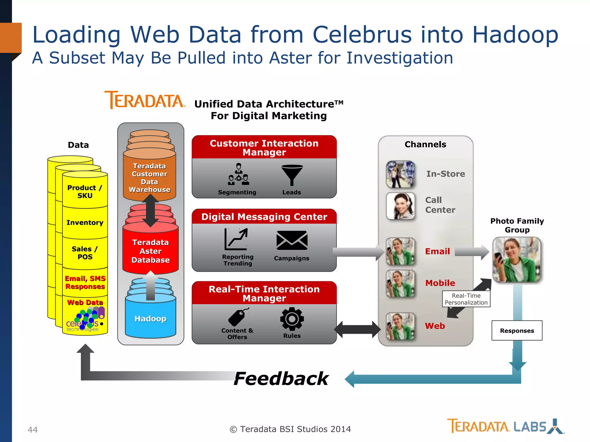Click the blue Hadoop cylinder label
click(x=150, y=319)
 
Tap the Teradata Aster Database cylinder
click(x=150, y=251)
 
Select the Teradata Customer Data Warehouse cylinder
click(x=150, y=178)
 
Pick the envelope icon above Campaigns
click(x=292, y=240)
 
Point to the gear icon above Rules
click(x=292, y=319)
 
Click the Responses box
click(x=517, y=331)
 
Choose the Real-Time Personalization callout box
click(x=466, y=299)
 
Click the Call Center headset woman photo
click(x=401, y=206)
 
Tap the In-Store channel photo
click(x=401, y=174)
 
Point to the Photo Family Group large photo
click(x=517, y=260)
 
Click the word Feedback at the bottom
click(x=281, y=378)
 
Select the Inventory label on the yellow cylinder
click(x=85, y=222)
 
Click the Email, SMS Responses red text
click(x=85, y=282)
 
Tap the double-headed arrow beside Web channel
click(x=357, y=329)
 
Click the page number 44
click(x=33, y=430)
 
